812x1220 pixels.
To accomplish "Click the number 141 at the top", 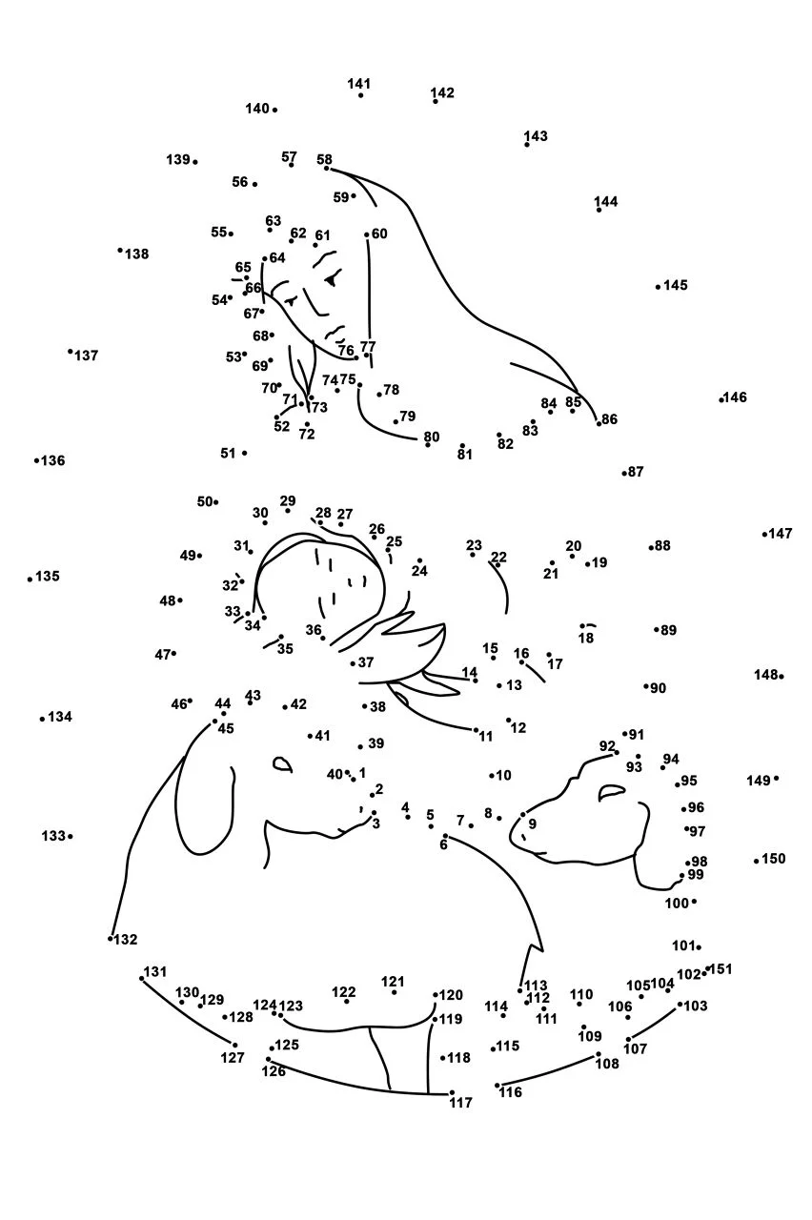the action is pyautogui.click(x=359, y=83).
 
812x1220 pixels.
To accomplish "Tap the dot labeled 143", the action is pyautogui.click(x=527, y=144).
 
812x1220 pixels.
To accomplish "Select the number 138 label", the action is pyautogui.click(x=136, y=254).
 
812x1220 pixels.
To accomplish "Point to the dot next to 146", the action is pyautogui.click(x=721, y=399).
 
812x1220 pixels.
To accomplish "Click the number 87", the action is pyautogui.click(x=636, y=472).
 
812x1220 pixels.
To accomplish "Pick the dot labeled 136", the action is pyautogui.click(x=36, y=460).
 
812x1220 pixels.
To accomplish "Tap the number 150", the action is pyautogui.click(x=774, y=859).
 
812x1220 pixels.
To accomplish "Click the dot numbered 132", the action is pyautogui.click(x=110, y=939).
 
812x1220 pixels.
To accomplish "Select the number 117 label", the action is pyautogui.click(x=460, y=1103).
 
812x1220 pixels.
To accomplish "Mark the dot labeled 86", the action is pyautogui.click(x=599, y=423).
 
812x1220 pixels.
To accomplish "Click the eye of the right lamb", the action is pyautogui.click(x=611, y=792).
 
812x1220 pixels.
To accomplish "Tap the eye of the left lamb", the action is pyautogui.click(x=282, y=764).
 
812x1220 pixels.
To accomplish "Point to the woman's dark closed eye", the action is pyautogui.click(x=332, y=279).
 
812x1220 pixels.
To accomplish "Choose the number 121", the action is pyautogui.click(x=393, y=982).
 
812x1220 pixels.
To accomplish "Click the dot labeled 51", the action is pyautogui.click(x=245, y=453).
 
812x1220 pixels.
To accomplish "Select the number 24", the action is pyautogui.click(x=419, y=571).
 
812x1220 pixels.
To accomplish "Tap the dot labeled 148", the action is pyautogui.click(x=782, y=677).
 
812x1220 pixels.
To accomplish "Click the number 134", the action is pyautogui.click(x=60, y=717).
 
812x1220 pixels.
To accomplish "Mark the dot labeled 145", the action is pyautogui.click(x=658, y=287).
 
